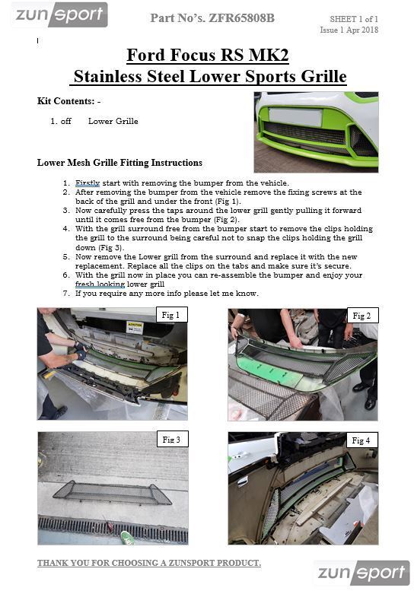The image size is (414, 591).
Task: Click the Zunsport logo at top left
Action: click(59, 14)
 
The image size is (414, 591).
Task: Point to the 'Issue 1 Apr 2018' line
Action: click(349, 30)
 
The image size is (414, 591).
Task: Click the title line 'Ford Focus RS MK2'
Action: click(207, 55)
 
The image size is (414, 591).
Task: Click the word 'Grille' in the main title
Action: click(322, 77)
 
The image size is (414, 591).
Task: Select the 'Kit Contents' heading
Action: click(69, 101)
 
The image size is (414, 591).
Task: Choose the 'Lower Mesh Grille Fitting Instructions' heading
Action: click(119, 162)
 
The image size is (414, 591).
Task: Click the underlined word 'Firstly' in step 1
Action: click(88, 183)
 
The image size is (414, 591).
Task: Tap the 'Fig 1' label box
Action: click(170, 315)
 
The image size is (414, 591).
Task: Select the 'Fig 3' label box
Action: click(170, 440)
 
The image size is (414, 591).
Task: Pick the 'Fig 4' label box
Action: click(361, 440)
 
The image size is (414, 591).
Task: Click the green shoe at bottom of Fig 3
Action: click(128, 539)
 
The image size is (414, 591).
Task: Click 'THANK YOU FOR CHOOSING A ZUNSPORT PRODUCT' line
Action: click(149, 563)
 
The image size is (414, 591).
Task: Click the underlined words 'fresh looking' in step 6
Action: click(100, 284)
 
